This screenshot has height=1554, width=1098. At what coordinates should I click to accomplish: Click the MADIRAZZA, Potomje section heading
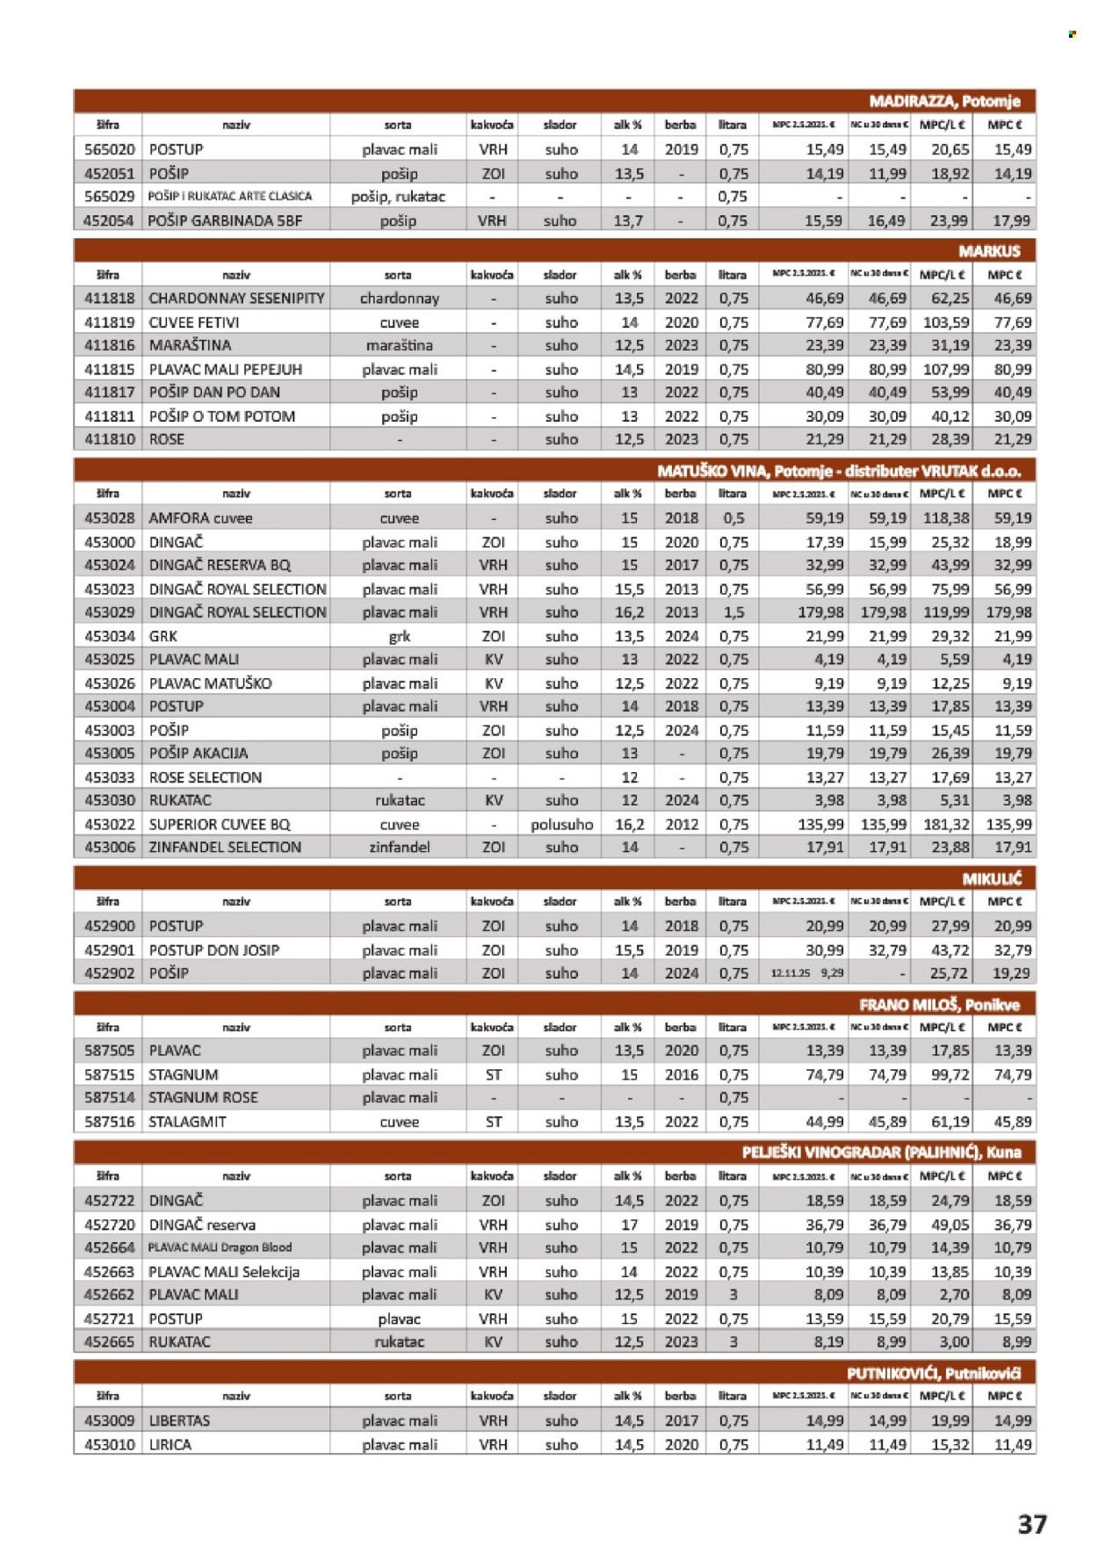point(944,101)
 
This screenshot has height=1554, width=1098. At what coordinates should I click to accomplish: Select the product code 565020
point(109,149)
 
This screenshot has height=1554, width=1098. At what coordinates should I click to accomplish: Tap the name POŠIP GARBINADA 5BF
point(224,220)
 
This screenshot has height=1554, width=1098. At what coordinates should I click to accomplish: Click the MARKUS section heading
point(989,251)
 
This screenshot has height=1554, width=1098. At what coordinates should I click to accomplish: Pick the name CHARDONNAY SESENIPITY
point(236,299)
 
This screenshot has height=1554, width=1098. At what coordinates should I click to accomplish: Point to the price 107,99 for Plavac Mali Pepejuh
point(945,370)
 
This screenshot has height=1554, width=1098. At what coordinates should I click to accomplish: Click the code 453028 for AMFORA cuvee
point(109,518)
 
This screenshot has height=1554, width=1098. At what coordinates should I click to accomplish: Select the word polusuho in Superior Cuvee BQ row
point(561,825)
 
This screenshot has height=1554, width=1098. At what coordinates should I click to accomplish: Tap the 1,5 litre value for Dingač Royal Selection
point(733,612)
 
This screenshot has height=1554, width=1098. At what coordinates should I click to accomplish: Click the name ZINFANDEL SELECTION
point(225,848)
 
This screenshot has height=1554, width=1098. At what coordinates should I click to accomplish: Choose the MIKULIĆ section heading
point(992,878)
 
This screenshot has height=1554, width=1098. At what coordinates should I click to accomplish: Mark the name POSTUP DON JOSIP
point(213,950)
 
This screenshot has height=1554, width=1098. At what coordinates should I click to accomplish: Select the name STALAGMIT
point(187,1122)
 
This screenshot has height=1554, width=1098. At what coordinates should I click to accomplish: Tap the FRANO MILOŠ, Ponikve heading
point(939,1005)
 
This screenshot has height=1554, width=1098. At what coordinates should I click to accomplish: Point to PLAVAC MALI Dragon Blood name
point(220,1247)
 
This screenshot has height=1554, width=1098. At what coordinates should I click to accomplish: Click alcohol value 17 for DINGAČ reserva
point(629,1225)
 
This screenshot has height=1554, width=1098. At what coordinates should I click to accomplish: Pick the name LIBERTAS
point(179,1420)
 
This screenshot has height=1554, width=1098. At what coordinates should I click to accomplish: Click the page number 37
point(1032,1524)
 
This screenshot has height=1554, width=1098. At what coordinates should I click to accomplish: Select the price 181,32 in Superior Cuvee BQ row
point(945,825)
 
